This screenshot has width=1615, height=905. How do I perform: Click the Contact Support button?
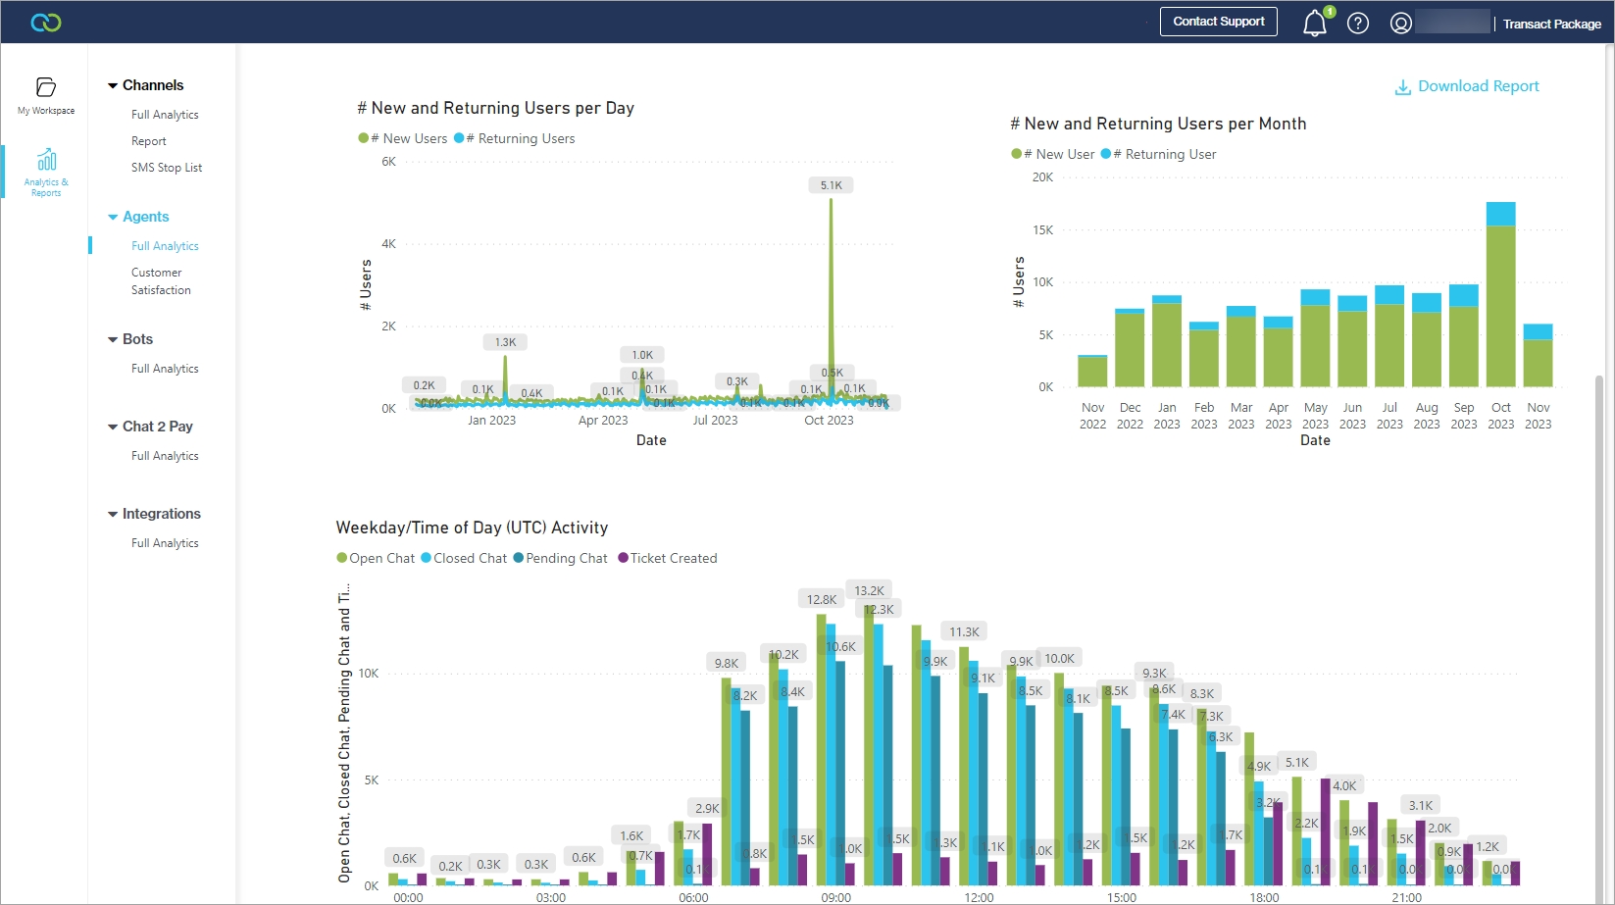click(x=1218, y=22)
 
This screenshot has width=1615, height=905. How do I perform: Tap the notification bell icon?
click(x=1314, y=24)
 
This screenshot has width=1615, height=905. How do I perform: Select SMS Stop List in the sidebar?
click(x=167, y=168)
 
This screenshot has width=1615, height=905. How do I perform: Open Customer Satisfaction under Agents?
click(x=161, y=281)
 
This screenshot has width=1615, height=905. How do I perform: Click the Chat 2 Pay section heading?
click(x=157, y=427)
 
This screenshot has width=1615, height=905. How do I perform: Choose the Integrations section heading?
click(x=161, y=514)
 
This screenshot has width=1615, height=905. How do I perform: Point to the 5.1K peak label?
click(x=831, y=185)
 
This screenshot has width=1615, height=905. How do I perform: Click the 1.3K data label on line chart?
click(x=505, y=342)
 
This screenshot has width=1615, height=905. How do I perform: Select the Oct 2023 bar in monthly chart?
click(x=1500, y=294)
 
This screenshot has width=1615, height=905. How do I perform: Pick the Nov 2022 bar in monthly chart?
click(x=1092, y=371)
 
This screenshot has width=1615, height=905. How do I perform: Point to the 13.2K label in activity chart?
click(x=869, y=590)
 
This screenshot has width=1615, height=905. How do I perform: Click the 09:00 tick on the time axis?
click(x=835, y=897)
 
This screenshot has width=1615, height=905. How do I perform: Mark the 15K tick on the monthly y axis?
click(x=1042, y=230)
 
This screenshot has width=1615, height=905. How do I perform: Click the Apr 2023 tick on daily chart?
click(x=602, y=421)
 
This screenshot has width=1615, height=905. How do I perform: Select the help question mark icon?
click(x=1357, y=24)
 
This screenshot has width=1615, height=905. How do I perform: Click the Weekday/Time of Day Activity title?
click(x=472, y=528)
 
